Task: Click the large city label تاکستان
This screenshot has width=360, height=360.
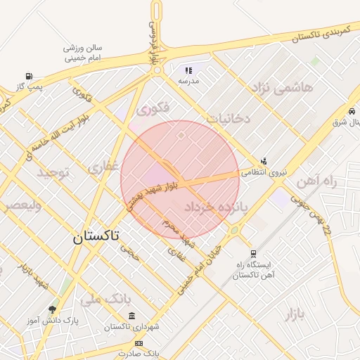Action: [x=96, y=238]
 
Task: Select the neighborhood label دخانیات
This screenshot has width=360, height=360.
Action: [x=226, y=118]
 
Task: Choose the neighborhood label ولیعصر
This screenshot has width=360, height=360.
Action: [x=20, y=205]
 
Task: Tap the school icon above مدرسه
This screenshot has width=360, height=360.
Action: [x=188, y=70]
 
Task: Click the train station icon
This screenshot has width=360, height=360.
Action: [x=252, y=254]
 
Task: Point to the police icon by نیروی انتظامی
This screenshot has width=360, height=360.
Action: [x=264, y=161]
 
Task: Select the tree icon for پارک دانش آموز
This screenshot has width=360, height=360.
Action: [x=53, y=309]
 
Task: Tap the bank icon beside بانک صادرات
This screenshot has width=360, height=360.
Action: [x=139, y=343]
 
